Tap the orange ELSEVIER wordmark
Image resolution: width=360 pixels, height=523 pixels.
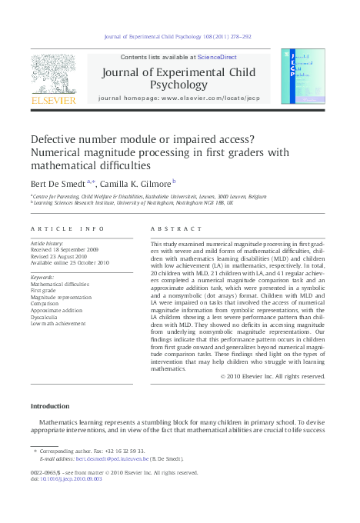[x=53, y=99]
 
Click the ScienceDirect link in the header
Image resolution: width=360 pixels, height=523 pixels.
[x=217, y=57]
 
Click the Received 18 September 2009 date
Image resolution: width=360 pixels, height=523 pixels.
[x=66, y=250]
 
